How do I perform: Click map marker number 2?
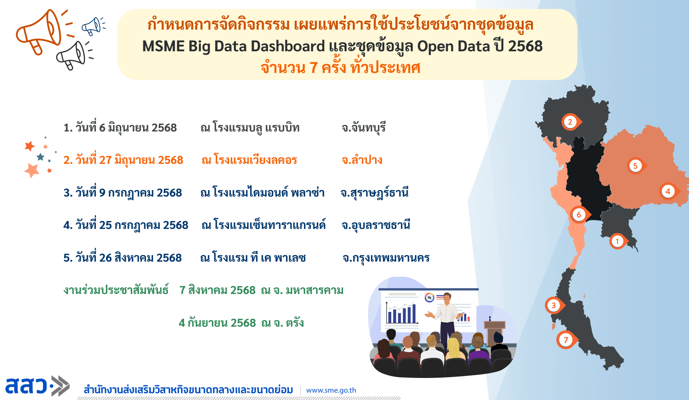571,122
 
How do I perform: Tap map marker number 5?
636,166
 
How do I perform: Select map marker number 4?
669,191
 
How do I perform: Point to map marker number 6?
580,214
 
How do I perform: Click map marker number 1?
618,241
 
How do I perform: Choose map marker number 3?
554,305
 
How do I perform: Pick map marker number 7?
566,340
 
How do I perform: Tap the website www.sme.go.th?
331,390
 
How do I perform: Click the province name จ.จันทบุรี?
364,128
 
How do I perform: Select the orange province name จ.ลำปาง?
362,160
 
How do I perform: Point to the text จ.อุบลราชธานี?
376,225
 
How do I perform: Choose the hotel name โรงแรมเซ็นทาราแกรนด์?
270,225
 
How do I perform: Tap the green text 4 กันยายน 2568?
217,323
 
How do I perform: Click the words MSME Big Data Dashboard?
233,46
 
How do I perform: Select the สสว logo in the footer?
37,386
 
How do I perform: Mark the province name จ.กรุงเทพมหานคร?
386,258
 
